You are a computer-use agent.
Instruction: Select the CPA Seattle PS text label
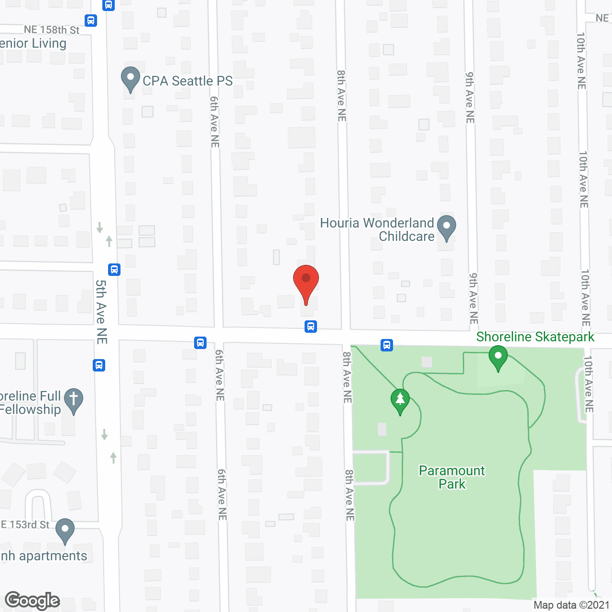point(187,81)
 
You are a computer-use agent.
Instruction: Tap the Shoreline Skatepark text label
point(535,337)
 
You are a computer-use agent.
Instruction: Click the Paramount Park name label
point(452,477)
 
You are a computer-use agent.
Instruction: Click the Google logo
point(33,601)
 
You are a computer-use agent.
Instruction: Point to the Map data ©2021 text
point(571,605)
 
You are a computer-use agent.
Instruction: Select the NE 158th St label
point(52,30)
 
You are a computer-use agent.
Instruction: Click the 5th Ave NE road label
point(101,311)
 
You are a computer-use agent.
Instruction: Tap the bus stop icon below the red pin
point(311,327)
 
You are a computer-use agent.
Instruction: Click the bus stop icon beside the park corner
point(387,345)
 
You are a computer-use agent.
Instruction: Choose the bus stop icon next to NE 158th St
point(91,21)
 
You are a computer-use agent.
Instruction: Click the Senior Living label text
point(33,44)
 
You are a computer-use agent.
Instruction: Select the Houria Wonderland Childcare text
point(377,229)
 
